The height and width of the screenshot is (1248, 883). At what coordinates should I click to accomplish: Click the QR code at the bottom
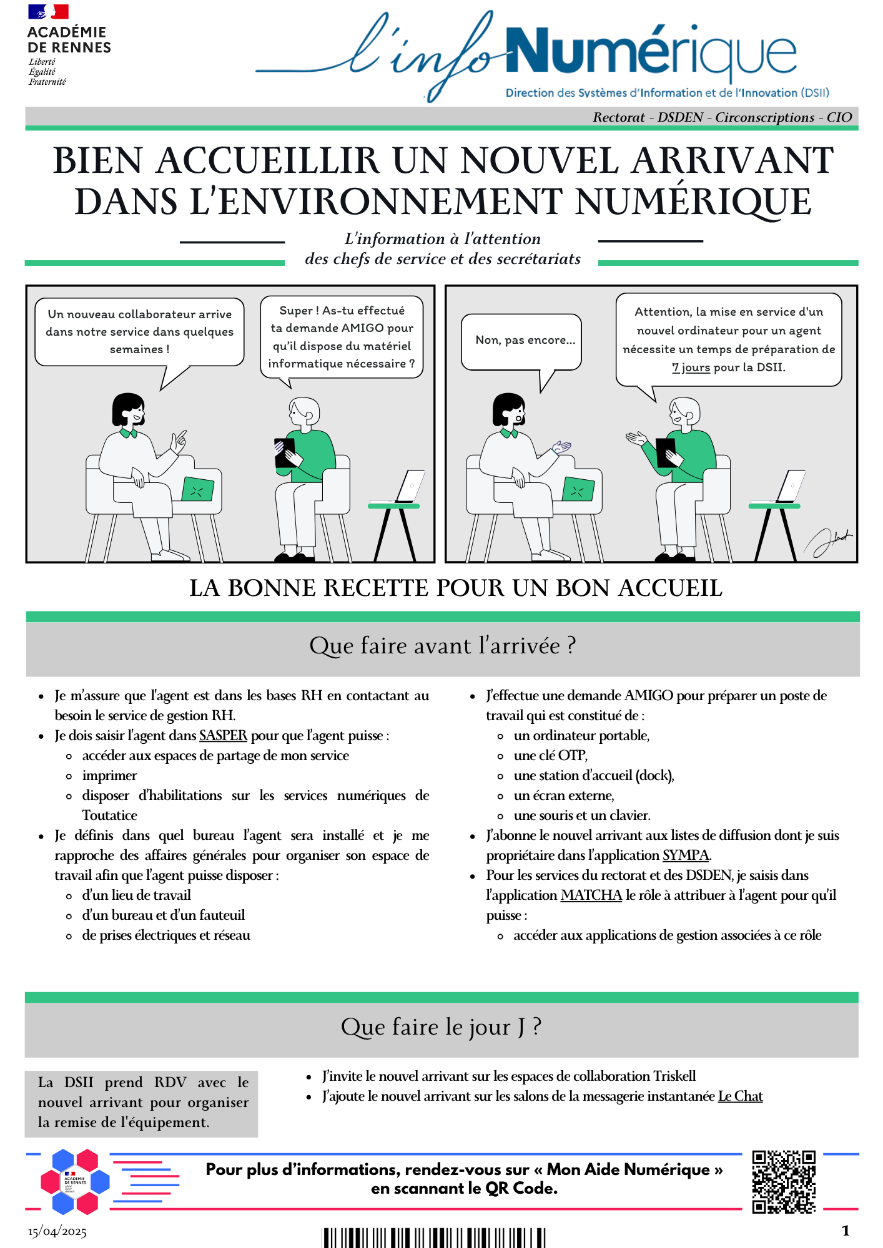click(784, 1181)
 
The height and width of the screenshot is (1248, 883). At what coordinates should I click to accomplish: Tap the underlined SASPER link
click(223, 736)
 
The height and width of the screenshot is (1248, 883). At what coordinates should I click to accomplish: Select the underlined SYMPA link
click(685, 856)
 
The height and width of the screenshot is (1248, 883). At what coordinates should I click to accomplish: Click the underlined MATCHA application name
click(591, 895)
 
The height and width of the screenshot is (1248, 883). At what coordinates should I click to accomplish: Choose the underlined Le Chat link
click(740, 1096)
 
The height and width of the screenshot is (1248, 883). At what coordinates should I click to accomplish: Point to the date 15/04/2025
click(57, 1232)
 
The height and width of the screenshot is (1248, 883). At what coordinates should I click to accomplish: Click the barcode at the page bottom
click(433, 1238)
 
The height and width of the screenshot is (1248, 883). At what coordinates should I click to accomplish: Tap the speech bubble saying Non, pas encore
click(525, 340)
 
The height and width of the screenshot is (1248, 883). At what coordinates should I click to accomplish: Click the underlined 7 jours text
click(691, 368)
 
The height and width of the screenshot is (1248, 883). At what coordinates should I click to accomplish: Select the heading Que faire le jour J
click(441, 1027)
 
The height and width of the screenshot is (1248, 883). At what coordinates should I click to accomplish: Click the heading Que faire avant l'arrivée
click(442, 646)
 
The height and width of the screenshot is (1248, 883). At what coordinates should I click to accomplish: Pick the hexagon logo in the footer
click(75, 1181)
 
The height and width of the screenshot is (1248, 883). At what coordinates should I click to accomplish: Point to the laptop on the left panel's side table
click(410, 486)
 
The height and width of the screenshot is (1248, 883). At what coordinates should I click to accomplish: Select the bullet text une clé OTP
click(550, 756)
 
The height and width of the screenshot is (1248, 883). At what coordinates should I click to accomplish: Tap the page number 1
click(845, 1231)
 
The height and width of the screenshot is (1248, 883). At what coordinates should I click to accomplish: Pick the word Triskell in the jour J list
click(674, 1076)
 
